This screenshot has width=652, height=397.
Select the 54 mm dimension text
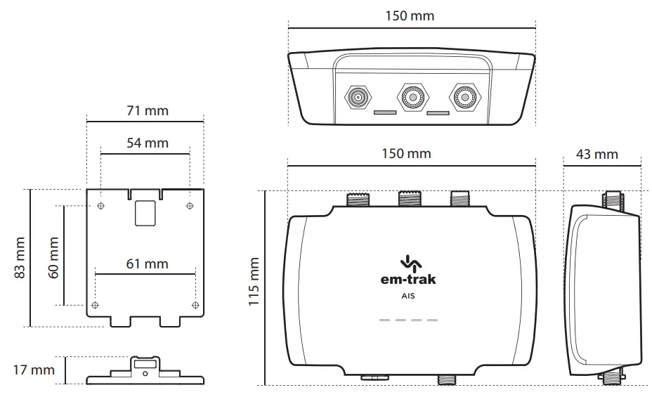pyautogui.click(x=148, y=143)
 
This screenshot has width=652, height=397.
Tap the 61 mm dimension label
pyautogui.click(x=148, y=263)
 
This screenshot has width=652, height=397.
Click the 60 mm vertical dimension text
pyautogui.click(x=53, y=257)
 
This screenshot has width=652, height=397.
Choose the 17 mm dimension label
pyautogui.click(x=33, y=370)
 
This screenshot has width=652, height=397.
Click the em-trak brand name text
pyautogui.click(x=407, y=279)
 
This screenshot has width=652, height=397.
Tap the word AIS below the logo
pyautogui.click(x=407, y=296)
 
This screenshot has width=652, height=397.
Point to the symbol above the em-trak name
pyautogui.click(x=407, y=263)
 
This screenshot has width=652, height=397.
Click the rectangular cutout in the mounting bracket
pyautogui.click(x=145, y=212)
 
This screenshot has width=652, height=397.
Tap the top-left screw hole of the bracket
pyautogui.click(x=102, y=206)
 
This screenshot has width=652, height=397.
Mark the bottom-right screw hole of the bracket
pyautogui.click(x=195, y=305)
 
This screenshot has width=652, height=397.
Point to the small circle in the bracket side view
pyautogui.click(x=145, y=374)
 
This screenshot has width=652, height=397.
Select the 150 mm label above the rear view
pyautogui.click(x=410, y=15)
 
